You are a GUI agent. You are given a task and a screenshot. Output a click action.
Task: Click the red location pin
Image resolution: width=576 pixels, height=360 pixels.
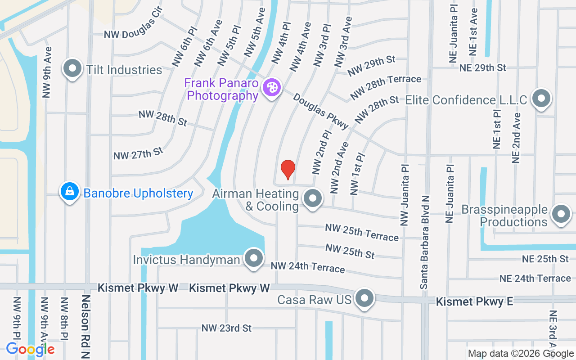point(288,170)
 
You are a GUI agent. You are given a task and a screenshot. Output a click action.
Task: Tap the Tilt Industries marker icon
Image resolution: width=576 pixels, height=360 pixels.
point(72,69)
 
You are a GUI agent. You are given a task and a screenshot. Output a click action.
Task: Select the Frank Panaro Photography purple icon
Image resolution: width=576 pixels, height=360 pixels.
point(271,87)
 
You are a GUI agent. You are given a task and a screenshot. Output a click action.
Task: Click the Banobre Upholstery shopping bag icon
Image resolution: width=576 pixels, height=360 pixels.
point(70,192)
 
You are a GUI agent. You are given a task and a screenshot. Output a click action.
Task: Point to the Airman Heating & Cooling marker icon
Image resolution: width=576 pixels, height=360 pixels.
point(313,198)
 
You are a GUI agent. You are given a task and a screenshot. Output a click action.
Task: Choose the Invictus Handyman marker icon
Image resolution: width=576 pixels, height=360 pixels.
point(254,258)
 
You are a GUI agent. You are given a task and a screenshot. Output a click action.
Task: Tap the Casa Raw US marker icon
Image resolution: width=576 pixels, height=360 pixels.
point(364,298)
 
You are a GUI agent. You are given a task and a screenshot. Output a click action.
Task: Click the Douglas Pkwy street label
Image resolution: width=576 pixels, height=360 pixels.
point(321,111)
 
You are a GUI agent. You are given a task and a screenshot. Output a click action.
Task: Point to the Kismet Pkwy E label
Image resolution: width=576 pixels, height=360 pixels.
point(474,301)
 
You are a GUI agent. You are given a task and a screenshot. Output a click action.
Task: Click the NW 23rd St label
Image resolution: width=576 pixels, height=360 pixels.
point(226,328)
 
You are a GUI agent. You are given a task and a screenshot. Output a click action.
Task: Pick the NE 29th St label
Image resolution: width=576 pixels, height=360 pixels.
point(483,67)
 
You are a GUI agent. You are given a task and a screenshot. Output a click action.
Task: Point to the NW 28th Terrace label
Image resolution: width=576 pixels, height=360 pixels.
point(386,86)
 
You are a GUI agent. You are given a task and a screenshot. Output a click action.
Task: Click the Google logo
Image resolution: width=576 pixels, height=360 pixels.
point(30,349)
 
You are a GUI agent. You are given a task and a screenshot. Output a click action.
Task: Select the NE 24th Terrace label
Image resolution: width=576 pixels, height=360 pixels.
point(535,279)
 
